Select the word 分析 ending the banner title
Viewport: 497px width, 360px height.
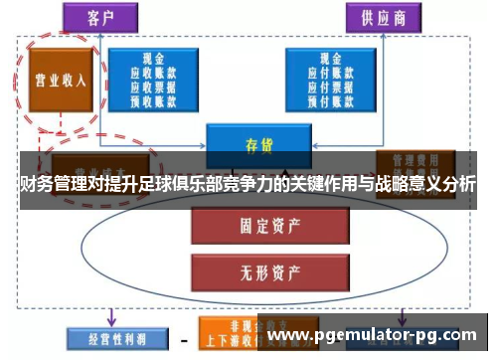[458, 184]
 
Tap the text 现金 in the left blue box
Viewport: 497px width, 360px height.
[153, 59]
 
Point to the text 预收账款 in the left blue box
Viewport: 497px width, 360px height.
[153, 99]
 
